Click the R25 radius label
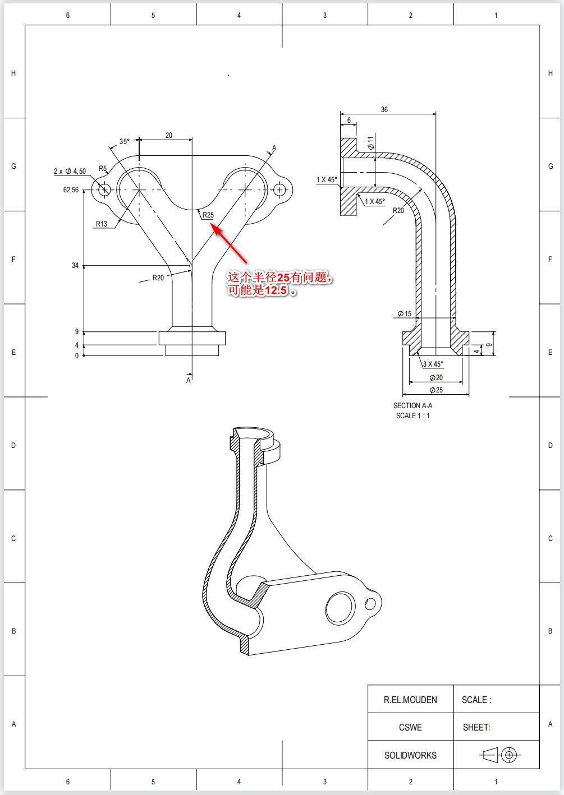coord(208,215)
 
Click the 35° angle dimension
coord(124,141)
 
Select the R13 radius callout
coord(101,224)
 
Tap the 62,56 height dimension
coord(71,190)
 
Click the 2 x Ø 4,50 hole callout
coord(70,171)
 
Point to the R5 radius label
coord(103,168)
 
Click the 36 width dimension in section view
coord(384,110)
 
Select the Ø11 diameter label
coord(370,142)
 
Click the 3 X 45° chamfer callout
coord(433,364)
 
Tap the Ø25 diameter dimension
coord(436,390)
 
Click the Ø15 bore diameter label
coord(404,313)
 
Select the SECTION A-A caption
coord(412,405)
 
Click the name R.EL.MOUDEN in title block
coord(410,700)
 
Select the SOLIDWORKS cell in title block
coord(410,755)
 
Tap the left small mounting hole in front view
coord(104,190)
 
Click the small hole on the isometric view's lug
coord(370,604)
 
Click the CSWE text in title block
coord(410,727)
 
